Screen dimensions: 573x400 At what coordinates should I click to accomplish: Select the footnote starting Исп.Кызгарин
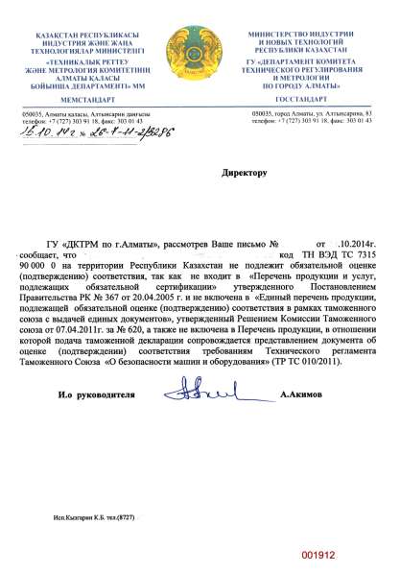click(90, 517)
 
